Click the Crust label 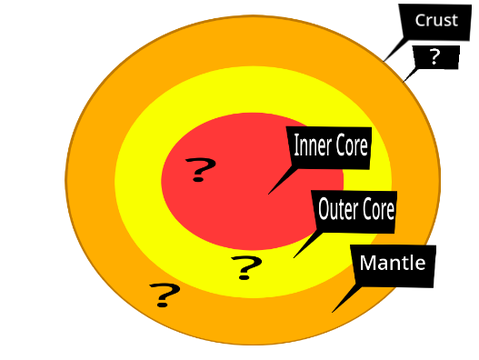(x=436, y=20)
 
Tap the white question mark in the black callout (x=434, y=57)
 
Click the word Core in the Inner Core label (x=352, y=145)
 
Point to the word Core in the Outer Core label (x=378, y=209)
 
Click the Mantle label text (x=393, y=263)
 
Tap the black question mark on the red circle (x=201, y=169)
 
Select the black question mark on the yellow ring (x=246, y=268)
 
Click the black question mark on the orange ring (x=165, y=295)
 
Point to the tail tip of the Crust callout (x=384, y=62)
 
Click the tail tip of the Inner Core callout (x=268, y=194)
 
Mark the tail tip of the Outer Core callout (x=294, y=258)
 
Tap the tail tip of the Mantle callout (x=332, y=313)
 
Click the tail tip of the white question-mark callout (x=403, y=82)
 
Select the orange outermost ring (x=90, y=180)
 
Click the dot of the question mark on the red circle (x=198, y=179)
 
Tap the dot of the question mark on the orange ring (x=162, y=305)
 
